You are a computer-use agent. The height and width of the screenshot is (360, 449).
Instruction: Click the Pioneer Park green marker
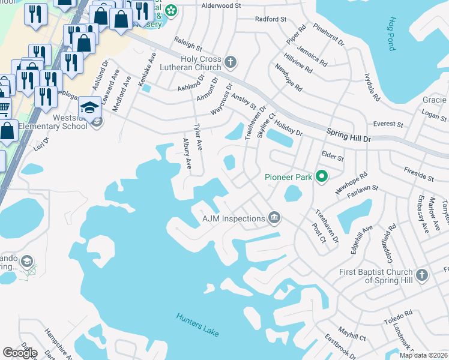point(322,177)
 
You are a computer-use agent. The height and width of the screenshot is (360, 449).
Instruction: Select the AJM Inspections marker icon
point(274,217)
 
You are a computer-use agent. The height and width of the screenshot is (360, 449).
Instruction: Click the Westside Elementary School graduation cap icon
point(89,106)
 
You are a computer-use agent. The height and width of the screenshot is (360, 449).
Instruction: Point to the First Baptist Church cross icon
point(422,275)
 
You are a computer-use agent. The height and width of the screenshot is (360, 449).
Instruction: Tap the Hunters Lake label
point(197,325)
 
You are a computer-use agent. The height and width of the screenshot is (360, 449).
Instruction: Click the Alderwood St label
point(221,5)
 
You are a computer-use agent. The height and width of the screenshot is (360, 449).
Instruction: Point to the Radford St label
point(270,19)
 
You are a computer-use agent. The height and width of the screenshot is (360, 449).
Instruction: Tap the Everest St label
point(388,124)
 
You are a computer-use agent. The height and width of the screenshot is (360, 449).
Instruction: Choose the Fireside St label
point(418,174)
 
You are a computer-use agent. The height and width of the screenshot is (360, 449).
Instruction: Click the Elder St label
point(332,157)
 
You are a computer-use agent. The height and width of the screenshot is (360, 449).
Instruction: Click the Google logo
point(20,352)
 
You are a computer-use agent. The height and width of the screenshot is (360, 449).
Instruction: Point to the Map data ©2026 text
point(423,355)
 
